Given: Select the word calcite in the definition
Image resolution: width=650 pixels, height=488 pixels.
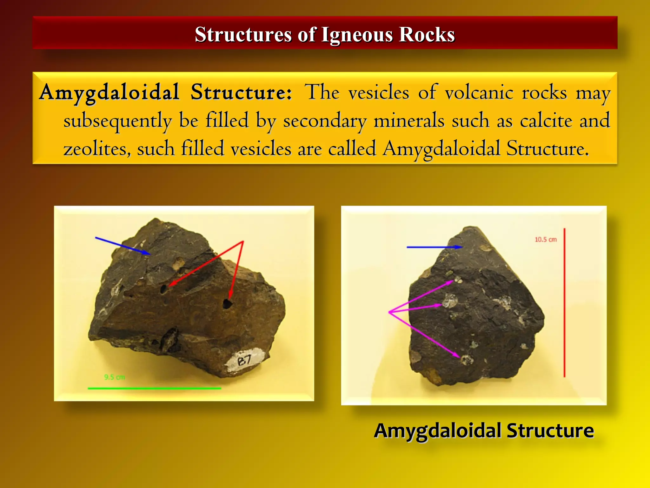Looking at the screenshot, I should [x=546, y=121].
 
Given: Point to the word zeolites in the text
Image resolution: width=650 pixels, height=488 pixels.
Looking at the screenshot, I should [x=97, y=149].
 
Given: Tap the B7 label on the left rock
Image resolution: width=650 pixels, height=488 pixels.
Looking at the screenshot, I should [x=245, y=360].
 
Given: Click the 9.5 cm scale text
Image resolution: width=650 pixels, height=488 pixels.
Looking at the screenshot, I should [x=114, y=377].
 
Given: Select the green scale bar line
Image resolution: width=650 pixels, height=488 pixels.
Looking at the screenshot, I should [x=154, y=388].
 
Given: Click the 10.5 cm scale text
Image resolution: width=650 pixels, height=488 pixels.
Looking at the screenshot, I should [x=546, y=240].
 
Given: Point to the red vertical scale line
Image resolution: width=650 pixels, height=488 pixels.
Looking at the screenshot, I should [x=564, y=302].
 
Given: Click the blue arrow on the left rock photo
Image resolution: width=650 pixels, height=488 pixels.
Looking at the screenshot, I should [x=123, y=246].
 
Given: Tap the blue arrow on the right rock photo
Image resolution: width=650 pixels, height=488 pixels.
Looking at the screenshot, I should [x=434, y=247].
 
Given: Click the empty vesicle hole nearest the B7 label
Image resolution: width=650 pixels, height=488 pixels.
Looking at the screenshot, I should [x=227, y=304].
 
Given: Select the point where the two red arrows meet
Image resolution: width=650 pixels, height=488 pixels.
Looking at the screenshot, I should [x=243, y=241].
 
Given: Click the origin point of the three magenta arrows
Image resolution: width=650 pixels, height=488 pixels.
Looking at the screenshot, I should [x=389, y=312].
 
